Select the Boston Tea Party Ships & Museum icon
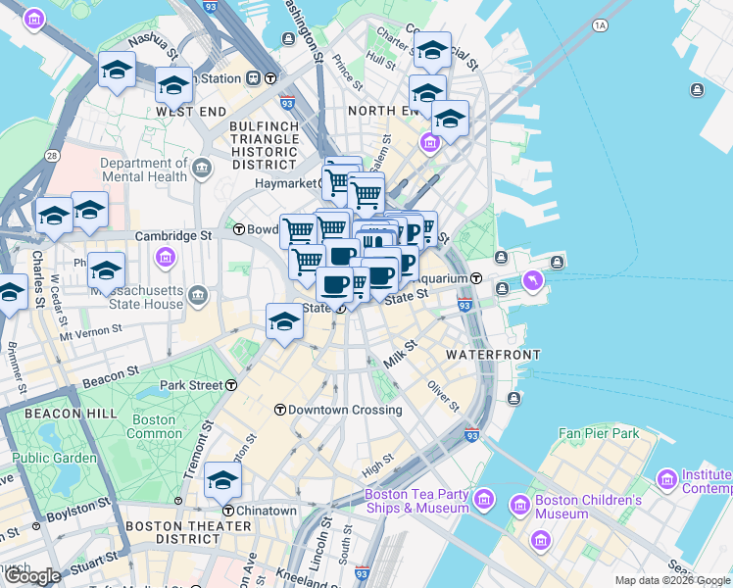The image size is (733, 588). pyautogui.click(x=482, y=501)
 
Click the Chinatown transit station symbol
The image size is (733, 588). pyautogui.click(x=228, y=511)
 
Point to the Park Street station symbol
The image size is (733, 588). pyautogui.click(x=231, y=385)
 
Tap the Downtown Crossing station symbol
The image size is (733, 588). pyautogui.click(x=279, y=410)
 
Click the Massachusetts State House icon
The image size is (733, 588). pyautogui.click(x=199, y=295)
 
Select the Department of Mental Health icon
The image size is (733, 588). pyautogui.click(x=203, y=169)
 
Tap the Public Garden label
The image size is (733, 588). pyautogui.click(x=54, y=458)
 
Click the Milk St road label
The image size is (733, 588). pyautogui.click(x=400, y=355)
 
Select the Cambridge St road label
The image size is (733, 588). pyautogui.click(x=173, y=236)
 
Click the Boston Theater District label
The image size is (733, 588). pyautogui.click(x=172, y=532)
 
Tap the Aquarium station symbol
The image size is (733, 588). pyautogui.click(x=475, y=278)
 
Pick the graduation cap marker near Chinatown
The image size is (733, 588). pyautogui.click(x=223, y=479)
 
